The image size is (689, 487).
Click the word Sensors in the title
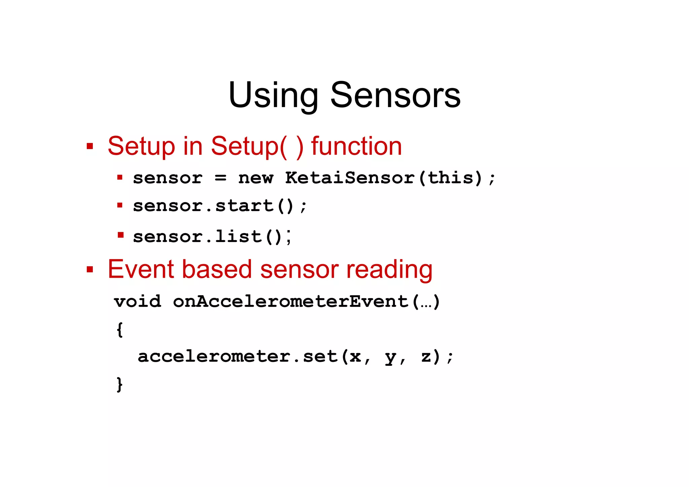pos(395,96)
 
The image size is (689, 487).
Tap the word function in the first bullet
pos(356,146)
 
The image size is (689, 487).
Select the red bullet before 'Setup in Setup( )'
pos(89,146)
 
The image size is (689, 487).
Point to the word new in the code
pos(256,178)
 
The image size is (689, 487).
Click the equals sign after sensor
pos(220,178)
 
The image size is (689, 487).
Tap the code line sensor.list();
pos(212,236)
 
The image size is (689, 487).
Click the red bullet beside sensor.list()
pos(120,235)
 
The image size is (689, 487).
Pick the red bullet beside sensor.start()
pos(120,205)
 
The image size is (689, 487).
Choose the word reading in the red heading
pos(389,270)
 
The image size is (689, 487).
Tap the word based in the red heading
pos(217,270)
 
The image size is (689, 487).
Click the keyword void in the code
pos(138,301)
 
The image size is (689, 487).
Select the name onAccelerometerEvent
pos(291,301)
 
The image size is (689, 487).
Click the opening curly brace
pos(119,329)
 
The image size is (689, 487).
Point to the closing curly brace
pos(119,384)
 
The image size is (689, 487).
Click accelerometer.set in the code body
pos(238,356)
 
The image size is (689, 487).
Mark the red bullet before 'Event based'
pos(89,269)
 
